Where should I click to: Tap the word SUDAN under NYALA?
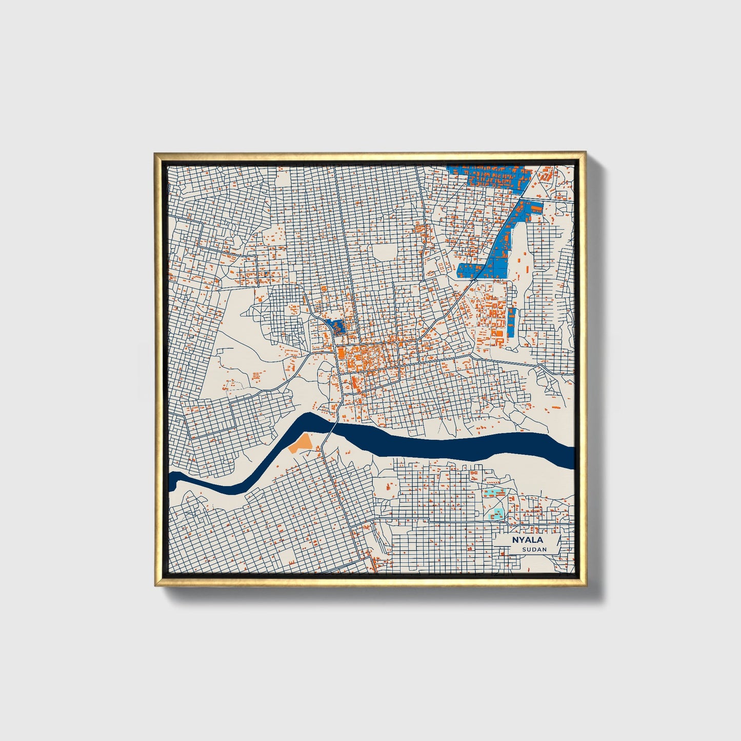click(534, 549)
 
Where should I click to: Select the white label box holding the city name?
click(529, 544)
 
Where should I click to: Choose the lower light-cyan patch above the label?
click(498, 513)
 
